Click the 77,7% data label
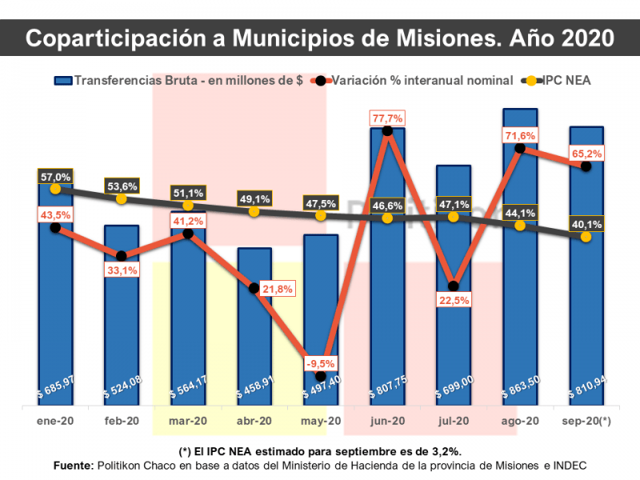pyautogui.click(x=387, y=118)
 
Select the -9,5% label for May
pyautogui.click(x=321, y=363)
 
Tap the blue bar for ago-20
pyautogui.click(x=520, y=257)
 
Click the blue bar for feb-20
pyautogui.click(x=122, y=315)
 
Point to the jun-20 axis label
pyautogui.click(x=387, y=421)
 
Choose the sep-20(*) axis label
pyautogui.click(x=586, y=421)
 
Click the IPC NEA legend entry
pyautogui.click(x=556, y=81)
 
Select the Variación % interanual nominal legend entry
pyautogui.click(x=411, y=81)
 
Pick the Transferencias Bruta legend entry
pyautogui.click(x=178, y=81)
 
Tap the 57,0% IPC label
pyautogui.click(x=55, y=177)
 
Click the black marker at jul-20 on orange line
pyautogui.click(x=453, y=286)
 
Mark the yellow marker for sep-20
pyautogui.click(x=586, y=237)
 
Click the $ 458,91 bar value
pyautogui.click(x=255, y=387)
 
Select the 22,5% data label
pyautogui.click(x=454, y=301)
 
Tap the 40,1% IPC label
pyautogui.click(x=586, y=225)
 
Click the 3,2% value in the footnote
pyautogui.click(x=446, y=452)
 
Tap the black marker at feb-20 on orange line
pyautogui.click(x=122, y=256)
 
